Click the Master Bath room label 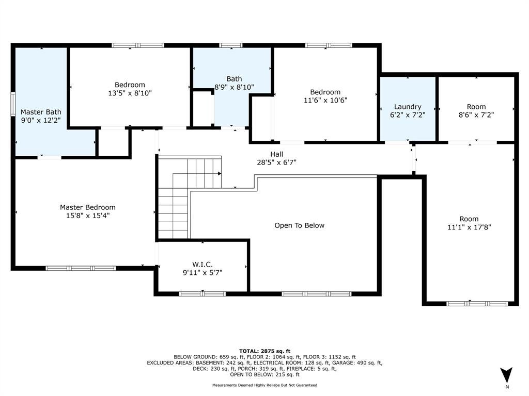(41, 112)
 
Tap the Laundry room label (408, 107)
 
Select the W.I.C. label (203, 265)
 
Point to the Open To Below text (299, 226)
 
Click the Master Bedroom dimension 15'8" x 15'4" (88, 216)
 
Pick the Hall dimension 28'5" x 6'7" (277, 162)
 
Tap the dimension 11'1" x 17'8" (469, 227)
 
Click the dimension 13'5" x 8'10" (130, 93)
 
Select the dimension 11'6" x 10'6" (325, 100)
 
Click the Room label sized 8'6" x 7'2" (476, 107)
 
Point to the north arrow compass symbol (506, 375)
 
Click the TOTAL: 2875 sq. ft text (264, 351)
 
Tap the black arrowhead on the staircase (220, 174)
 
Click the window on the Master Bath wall (13, 104)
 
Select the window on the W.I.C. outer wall (203, 294)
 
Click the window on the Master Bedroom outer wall (81, 268)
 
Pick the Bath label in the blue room (234, 79)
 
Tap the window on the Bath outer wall (231, 45)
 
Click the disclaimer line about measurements (264, 385)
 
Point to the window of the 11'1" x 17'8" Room (477, 304)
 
